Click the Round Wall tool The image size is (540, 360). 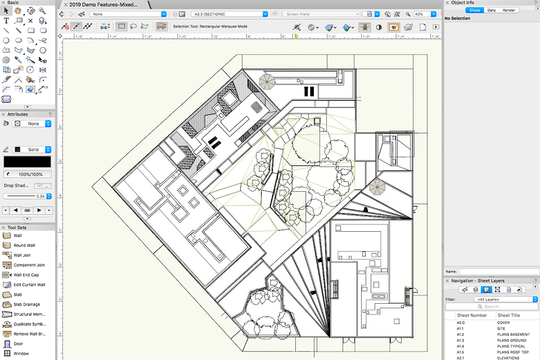(24, 245)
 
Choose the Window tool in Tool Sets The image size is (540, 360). (21, 353)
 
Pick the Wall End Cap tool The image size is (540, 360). (26, 275)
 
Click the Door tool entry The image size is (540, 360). (18, 343)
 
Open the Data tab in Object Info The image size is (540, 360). (491, 10)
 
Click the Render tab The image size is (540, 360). (508, 10)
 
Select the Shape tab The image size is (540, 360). (474, 10)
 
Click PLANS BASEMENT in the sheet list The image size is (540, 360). (513, 334)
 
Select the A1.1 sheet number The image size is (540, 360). (460, 328)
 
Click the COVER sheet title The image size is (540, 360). (503, 322)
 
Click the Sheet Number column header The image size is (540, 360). (471, 315)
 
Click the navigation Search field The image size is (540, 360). (491, 307)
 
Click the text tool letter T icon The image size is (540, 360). (6, 20)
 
